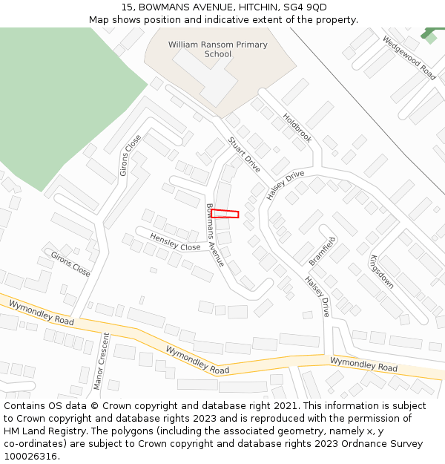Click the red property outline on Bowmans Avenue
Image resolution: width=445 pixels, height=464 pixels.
click(225, 214)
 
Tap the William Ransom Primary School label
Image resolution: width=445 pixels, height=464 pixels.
click(217, 49)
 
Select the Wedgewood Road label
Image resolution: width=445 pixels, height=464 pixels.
click(409, 57)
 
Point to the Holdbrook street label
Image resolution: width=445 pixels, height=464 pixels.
click(297, 128)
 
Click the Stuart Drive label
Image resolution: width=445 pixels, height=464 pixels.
click(243, 154)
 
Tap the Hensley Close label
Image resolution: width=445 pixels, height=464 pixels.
click(175, 242)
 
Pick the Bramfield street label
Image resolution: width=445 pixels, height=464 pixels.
click(322, 251)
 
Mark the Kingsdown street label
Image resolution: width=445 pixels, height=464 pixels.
click(382, 272)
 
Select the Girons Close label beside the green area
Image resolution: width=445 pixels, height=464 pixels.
click(130, 155)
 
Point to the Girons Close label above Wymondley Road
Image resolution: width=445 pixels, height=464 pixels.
click(70, 264)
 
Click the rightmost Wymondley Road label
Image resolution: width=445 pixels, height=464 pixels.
click(363, 365)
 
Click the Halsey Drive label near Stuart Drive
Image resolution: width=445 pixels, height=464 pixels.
click(286, 185)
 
